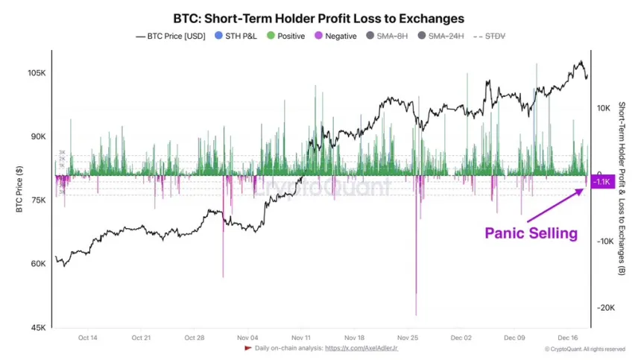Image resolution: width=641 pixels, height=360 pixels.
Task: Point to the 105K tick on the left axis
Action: pos(37,73)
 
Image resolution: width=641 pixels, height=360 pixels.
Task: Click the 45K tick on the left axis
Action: pos(38,327)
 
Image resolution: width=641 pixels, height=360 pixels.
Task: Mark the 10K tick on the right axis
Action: pos(604,108)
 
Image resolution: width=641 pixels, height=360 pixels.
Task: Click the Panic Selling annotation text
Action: pos(531,233)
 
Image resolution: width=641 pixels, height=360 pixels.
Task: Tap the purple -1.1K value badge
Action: pos(601,182)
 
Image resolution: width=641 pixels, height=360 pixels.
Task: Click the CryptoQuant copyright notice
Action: pos(584,349)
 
